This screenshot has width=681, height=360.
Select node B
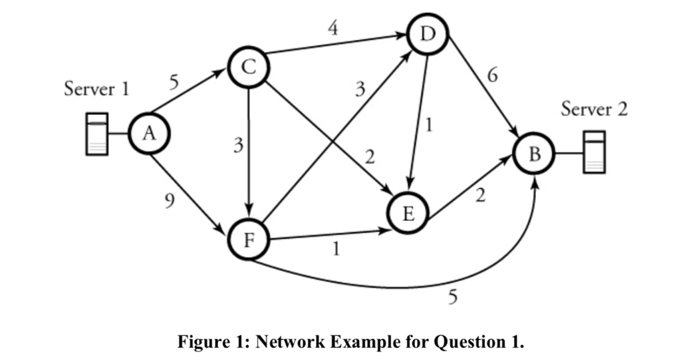[534, 154]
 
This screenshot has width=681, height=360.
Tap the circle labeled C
[247, 67]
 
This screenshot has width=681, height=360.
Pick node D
[429, 34]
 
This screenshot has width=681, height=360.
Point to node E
[408, 213]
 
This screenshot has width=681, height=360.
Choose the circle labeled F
[248, 240]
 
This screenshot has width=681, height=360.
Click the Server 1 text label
[96, 89]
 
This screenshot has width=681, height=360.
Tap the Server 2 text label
[594, 108]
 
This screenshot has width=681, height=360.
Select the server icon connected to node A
[97, 134]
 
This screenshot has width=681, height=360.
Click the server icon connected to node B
[594, 152]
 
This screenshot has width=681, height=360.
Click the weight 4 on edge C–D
[332, 28]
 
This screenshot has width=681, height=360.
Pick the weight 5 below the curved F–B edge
[453, 296]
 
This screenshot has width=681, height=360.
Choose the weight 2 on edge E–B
[480, 196]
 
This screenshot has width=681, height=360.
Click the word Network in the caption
[291, 342]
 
